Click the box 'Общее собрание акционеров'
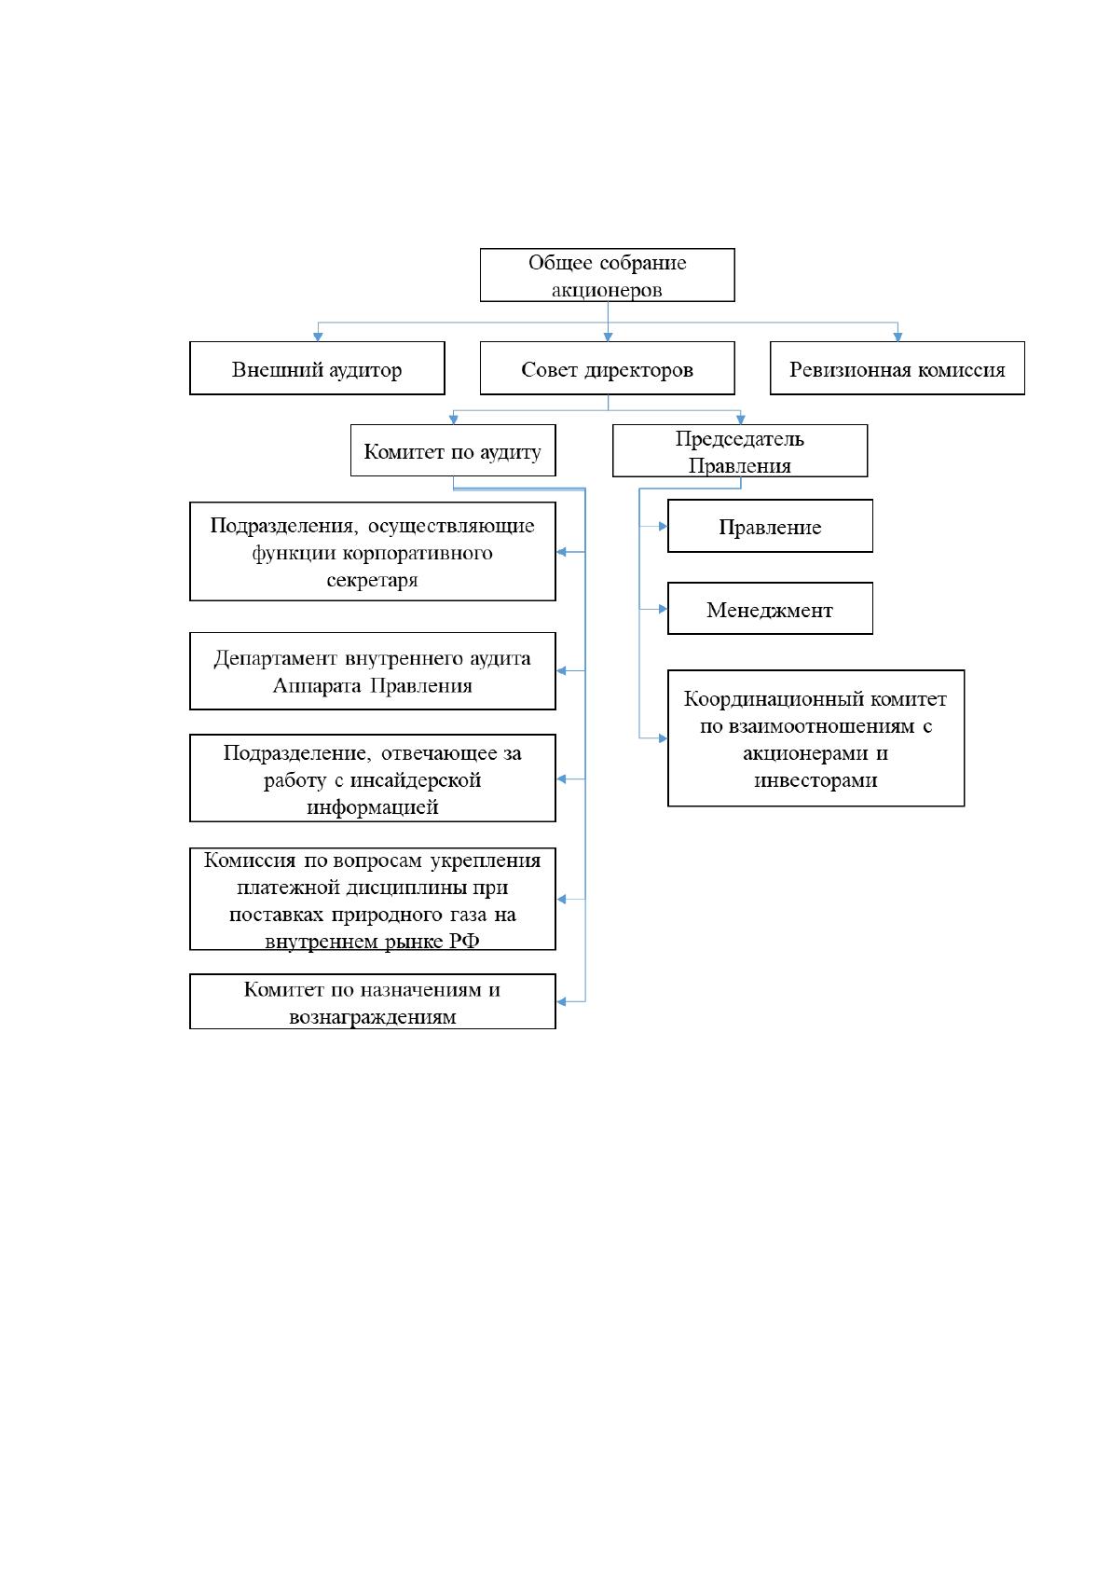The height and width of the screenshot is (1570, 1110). coord(607,275)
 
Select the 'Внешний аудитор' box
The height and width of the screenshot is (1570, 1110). coord(317,368)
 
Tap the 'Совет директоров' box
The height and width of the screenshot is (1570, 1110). coord(607,368)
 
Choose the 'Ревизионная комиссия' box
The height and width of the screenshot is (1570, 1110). coord(897,368)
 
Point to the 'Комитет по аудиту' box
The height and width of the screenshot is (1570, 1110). coord(453,450)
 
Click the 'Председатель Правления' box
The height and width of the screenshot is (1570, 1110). coord(740,450)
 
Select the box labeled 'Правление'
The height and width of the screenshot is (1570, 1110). coord(770,526)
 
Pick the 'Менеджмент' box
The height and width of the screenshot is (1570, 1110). coord(770,609)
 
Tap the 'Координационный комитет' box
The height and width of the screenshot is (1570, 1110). coord(815,738)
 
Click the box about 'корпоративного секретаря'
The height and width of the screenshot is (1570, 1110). coord(372,551)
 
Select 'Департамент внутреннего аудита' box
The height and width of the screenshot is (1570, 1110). coord(372,670)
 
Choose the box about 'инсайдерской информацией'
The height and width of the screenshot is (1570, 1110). coord(372,778)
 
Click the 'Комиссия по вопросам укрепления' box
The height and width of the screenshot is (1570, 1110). coord(372,900)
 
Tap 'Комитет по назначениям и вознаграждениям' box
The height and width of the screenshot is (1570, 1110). coord(372,1001)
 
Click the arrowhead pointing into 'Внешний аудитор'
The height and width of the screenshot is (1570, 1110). coord(318,337)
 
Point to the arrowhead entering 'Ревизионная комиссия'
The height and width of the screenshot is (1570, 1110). coord(898,337)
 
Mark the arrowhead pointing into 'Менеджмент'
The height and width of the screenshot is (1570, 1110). coord(663,609)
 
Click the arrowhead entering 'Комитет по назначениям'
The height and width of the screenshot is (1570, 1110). coord(561,1001)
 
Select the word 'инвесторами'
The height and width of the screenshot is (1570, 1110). coord(815,780)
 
